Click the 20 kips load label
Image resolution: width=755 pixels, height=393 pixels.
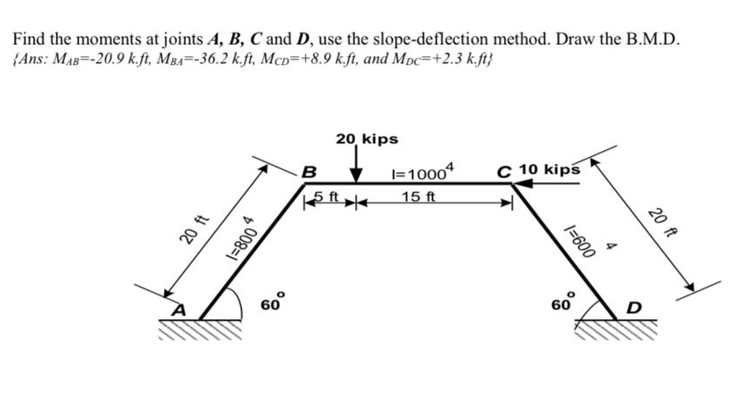(367, 139)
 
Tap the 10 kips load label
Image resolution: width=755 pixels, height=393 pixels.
(550, 169)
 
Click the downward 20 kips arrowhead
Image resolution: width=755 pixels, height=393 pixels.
(356, 175)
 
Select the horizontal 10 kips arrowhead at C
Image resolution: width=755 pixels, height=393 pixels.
(523, 183)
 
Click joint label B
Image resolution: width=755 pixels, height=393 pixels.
(308, 171)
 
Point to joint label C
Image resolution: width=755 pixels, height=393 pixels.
(505, 172)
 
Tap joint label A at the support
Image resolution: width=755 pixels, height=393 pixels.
(179, 310)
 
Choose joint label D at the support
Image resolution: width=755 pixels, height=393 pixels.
(635, 307)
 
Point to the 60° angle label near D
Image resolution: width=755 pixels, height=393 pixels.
(563, 303)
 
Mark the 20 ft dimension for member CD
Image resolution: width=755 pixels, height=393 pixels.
(660, 223)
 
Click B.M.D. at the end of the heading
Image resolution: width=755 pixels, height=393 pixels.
(653, 39)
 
